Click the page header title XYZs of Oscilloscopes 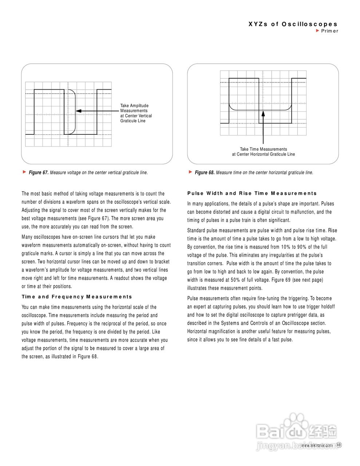pos(293,24)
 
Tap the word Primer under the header pos(330,31)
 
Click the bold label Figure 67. pos(39,173)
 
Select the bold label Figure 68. pos(205,173)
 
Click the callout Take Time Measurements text pos(263,151)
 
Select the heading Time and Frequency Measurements pos(77,297)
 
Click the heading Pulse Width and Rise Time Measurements pos(252,193)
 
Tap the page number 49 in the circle pos(339,445)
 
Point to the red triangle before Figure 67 pos(24,172)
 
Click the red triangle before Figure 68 pos(190,172)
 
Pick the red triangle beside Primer pos(317,31)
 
